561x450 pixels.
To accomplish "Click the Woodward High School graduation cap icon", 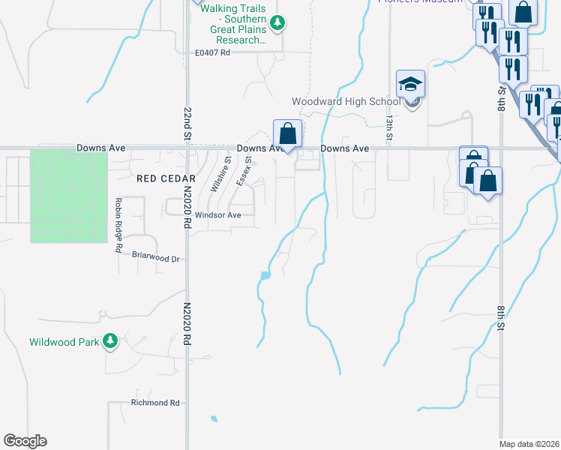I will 411,83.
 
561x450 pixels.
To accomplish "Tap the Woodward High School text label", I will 346,102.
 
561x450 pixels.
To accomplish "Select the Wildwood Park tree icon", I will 110,342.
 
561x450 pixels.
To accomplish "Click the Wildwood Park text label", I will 64,343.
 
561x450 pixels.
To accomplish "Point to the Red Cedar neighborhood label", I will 166,178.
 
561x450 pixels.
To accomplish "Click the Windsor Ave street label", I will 217,215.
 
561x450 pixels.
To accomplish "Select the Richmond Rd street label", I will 155,403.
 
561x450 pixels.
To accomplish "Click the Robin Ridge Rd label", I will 118,225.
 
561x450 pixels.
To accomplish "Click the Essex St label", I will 243,172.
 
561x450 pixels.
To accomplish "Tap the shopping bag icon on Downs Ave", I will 287,133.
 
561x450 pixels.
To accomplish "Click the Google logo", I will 25,441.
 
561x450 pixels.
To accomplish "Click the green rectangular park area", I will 68,196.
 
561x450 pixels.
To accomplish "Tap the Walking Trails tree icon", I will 277,23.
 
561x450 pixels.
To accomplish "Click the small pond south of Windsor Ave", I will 264,276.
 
